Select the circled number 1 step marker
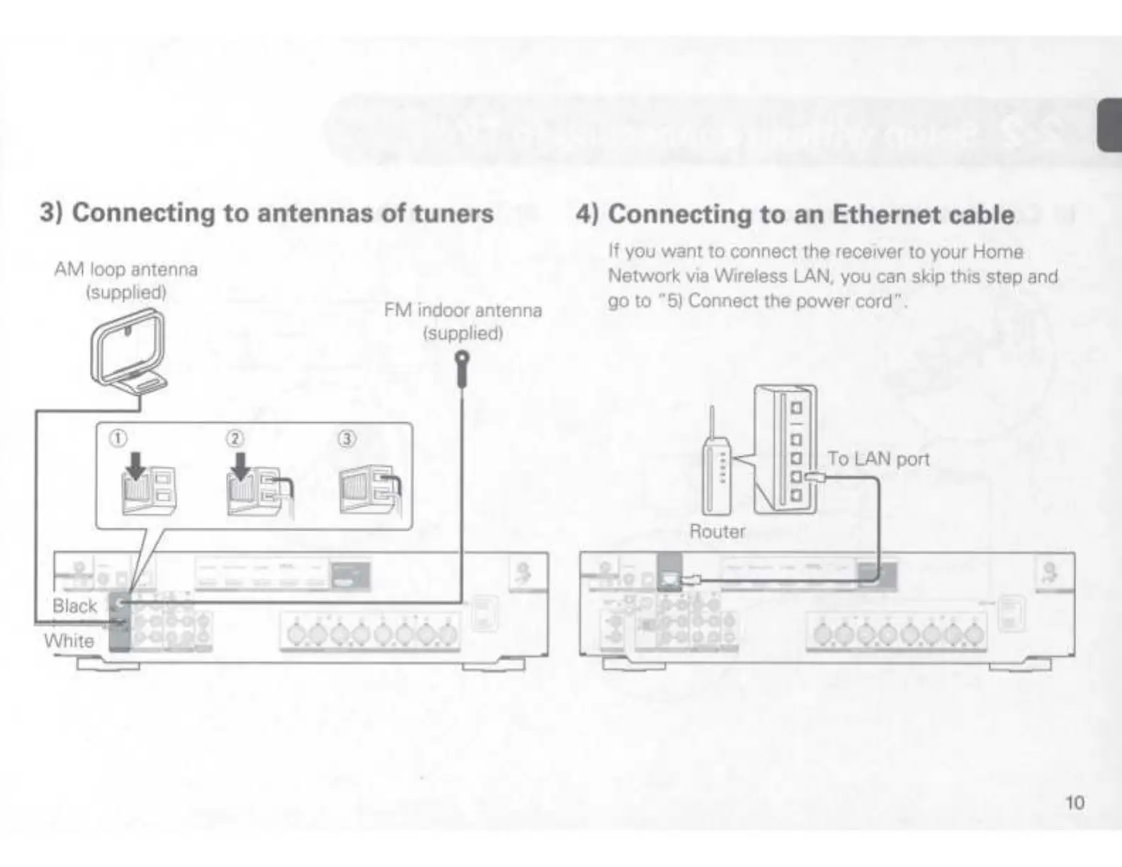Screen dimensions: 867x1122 tap(118, 439)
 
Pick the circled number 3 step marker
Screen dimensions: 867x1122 tap(346, 439)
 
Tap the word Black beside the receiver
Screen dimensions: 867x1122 tap(74, 606)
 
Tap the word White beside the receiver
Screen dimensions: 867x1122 tap(69, 640)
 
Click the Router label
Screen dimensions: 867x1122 tap(717, 531)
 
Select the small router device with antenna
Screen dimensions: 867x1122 tap(715, 471)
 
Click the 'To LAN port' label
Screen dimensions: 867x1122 tap(878, 459)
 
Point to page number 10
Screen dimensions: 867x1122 tap(1075, 803)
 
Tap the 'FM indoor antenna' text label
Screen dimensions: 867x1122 tap(463, 310)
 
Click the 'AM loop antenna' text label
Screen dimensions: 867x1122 tap(126, 269)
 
